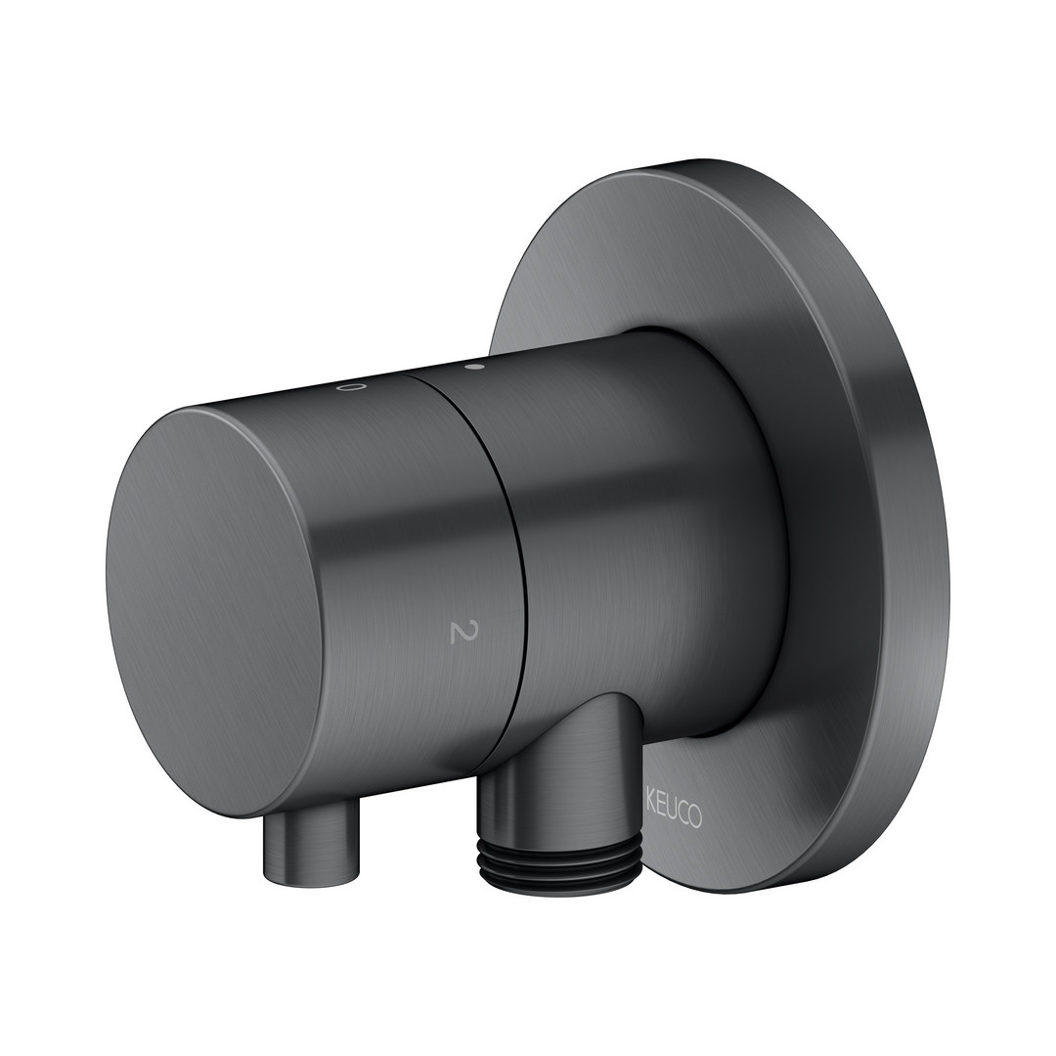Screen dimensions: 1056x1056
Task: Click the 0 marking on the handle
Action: click(x=353, y=388)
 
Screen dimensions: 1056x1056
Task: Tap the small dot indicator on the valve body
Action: click(x=474, y=368)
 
